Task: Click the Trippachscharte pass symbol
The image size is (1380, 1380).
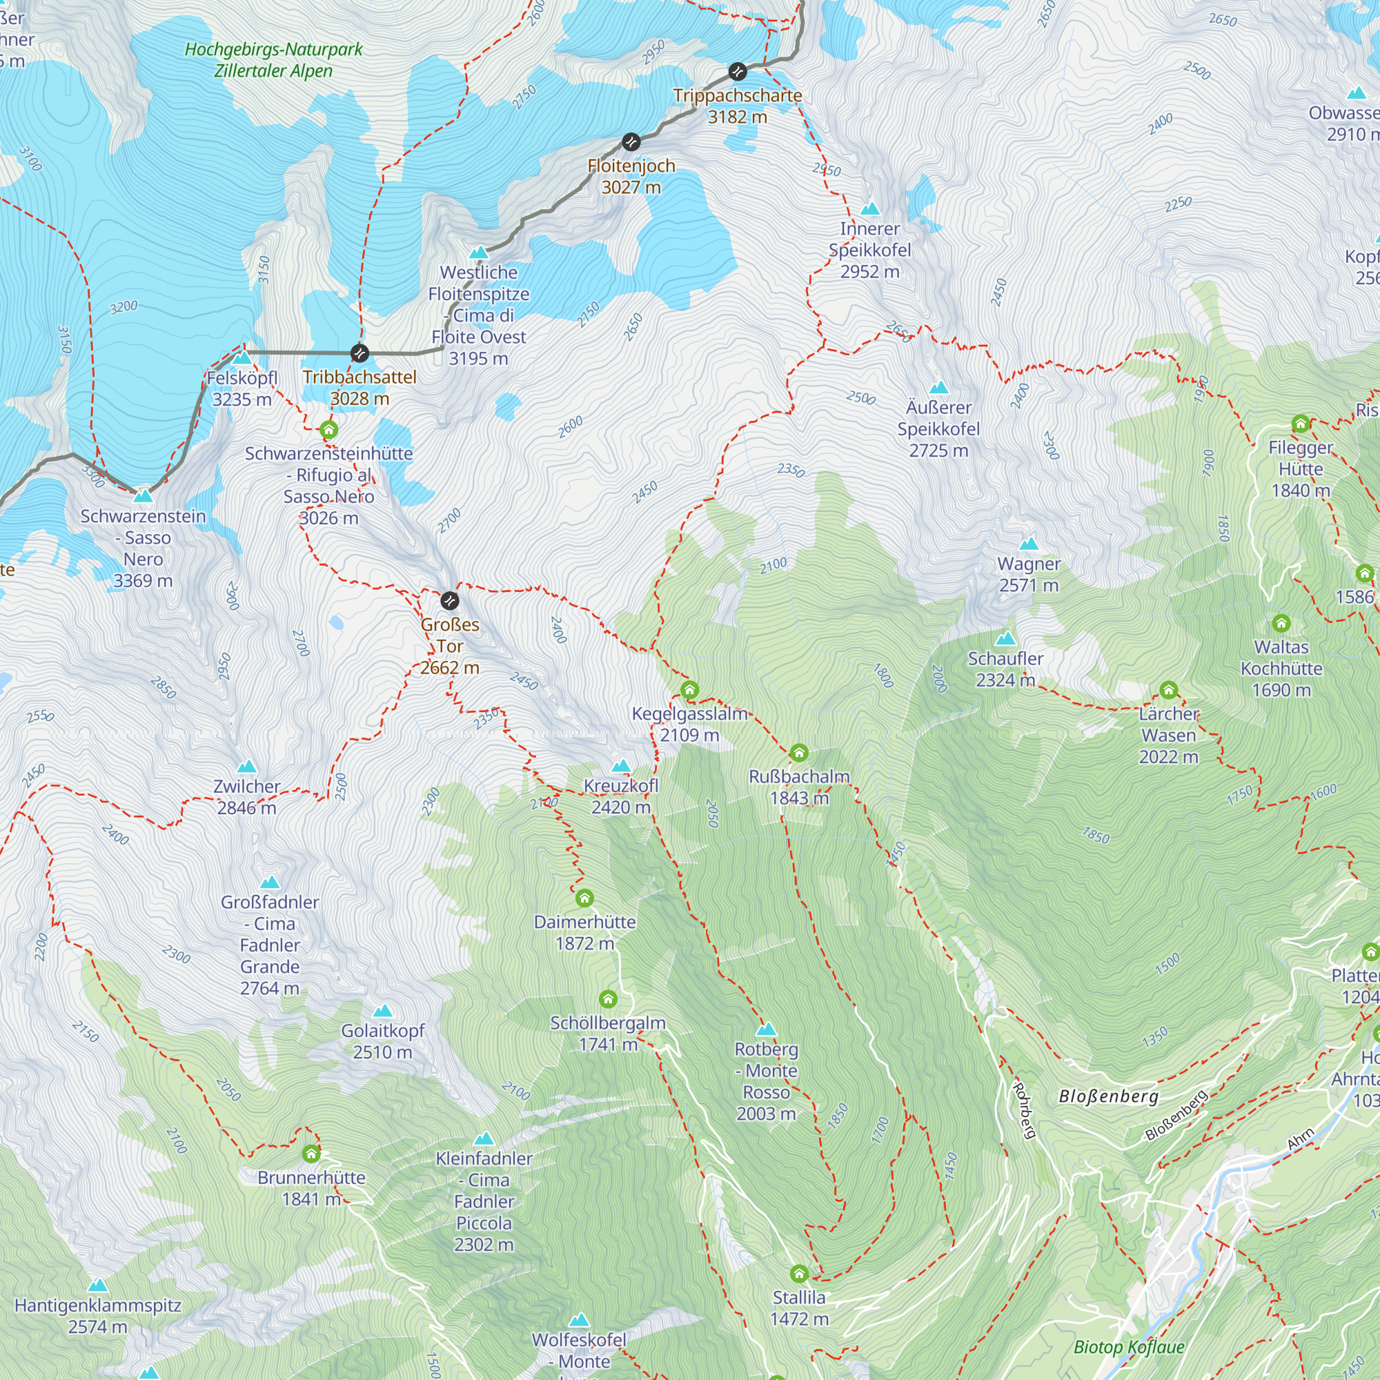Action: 737,72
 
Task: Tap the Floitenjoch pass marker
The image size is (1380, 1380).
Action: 631,142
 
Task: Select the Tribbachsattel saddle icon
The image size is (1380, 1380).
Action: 360,353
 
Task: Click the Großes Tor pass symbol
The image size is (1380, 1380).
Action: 449,601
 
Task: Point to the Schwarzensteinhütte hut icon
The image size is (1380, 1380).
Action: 328,430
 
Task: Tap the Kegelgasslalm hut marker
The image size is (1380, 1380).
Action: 689,690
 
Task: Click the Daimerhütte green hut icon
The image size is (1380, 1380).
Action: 584,898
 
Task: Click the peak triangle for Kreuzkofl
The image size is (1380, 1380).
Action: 621,767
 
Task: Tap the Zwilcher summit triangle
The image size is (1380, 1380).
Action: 246,767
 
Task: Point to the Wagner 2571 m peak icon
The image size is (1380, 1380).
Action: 1029,544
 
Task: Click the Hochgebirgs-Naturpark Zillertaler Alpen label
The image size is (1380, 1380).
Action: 273,60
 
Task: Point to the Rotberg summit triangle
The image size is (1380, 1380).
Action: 766,1030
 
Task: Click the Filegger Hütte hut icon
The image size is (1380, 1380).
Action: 1301,424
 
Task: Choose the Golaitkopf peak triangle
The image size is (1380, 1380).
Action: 383,1012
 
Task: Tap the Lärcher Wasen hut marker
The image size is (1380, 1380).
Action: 1169,690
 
